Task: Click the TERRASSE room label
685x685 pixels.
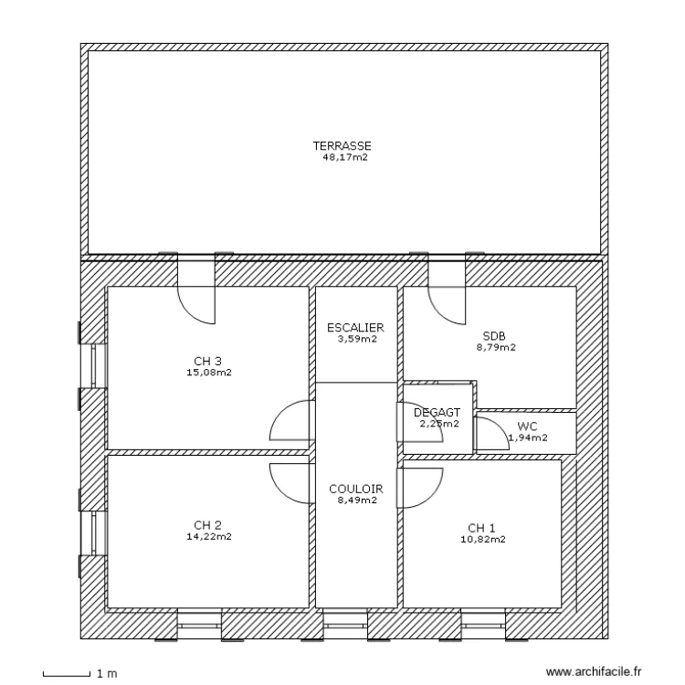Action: pos(342,145)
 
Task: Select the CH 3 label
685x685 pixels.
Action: pos(208,360)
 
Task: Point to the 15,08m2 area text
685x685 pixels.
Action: pos(208,372)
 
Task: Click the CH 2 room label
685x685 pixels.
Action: pos(208,525)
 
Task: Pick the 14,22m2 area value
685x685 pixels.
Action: pos(208,537)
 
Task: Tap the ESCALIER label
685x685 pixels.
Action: pos(355,327)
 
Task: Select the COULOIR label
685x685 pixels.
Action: pos(355,489)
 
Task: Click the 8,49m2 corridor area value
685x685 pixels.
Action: pos(355,501)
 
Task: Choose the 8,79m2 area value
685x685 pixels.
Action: pos(495,347)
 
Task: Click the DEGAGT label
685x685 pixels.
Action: pos(437,413)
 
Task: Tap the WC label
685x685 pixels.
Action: pos(527,427)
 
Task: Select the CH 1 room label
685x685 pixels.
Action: pos(482,528)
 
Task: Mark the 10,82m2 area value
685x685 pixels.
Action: pos(482,540)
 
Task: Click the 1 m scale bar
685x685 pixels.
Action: pos(67,675)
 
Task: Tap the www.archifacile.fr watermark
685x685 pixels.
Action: pos(594,672)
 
